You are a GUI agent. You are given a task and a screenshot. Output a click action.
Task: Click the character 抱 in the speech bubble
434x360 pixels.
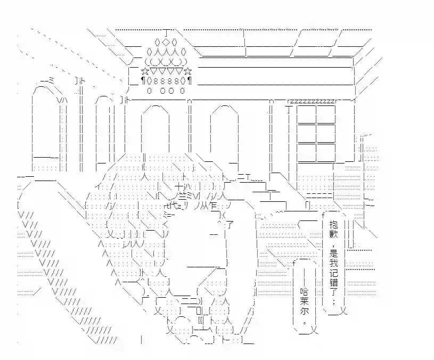[x=334, y=224]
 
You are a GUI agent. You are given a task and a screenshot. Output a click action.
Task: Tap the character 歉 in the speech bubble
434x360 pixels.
[x=334, y=234]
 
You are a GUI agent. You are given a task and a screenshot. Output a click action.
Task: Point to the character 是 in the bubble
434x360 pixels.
[x=334, y=253]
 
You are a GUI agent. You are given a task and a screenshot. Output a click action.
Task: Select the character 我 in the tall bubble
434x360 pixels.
[x=334, y=263]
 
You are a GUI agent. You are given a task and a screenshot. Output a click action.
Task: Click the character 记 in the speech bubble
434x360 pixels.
[x=334, y=273]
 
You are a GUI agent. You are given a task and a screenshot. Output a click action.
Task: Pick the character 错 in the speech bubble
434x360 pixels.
[x=334, y=283]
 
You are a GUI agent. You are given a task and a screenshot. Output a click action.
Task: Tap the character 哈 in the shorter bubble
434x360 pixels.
[x=304, y=292]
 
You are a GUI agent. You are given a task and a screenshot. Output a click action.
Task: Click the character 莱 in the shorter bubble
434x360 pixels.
[x=304, y=301]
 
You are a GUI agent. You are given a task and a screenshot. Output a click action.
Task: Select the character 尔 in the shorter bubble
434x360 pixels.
[x=304, y=312]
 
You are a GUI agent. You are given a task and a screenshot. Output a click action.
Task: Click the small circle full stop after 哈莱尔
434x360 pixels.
[x=305, y=322]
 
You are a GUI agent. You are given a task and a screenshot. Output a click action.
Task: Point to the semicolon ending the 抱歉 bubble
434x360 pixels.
[x=334, y=301]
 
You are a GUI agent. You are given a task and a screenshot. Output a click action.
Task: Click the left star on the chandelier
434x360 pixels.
[x=145, y=72]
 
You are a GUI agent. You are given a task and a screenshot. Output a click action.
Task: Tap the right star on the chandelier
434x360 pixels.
[x=187, y=72]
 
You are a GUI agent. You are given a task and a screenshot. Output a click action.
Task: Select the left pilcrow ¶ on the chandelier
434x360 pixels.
[x=143, y=81]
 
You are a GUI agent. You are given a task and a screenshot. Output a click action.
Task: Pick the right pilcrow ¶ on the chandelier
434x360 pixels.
[x=190, y=81]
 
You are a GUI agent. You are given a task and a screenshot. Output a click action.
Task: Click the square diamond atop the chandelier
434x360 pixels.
[x=166, y=42]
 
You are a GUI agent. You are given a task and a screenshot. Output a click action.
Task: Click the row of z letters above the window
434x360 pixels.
[x=312, y=101]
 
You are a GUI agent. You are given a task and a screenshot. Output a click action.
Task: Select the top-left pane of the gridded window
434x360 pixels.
[x=306, y=114]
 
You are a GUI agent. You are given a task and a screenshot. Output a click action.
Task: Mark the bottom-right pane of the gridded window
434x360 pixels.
[x=326, y=152]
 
